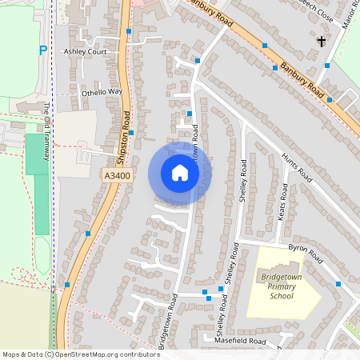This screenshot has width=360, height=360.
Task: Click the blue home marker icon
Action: pos(179,173)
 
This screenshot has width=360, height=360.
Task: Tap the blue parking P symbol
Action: pos(42,50)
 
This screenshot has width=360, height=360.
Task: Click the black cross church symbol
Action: pos(322,41)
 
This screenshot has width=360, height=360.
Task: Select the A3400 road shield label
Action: pos(117,174)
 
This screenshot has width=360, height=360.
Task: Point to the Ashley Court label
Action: pos(85,51)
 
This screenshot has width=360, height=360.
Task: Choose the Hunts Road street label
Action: pos(298,166)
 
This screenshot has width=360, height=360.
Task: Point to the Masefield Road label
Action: pos(239,341)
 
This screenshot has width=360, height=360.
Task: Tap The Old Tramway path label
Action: pos(47,132)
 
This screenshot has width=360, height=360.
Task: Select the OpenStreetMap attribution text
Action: pos(80,354)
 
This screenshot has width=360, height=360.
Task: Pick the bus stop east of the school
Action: pos(338,284)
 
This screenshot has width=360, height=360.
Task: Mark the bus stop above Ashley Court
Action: pos(130,31)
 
